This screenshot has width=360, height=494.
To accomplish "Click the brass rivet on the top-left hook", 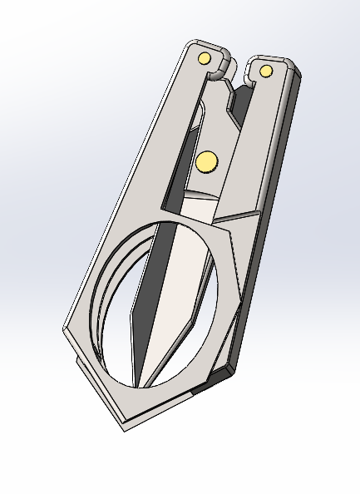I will coord(204,58).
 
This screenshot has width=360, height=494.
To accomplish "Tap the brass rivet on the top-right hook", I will coord(266,72).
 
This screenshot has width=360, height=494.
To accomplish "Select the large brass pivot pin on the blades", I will coord(205,161).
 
